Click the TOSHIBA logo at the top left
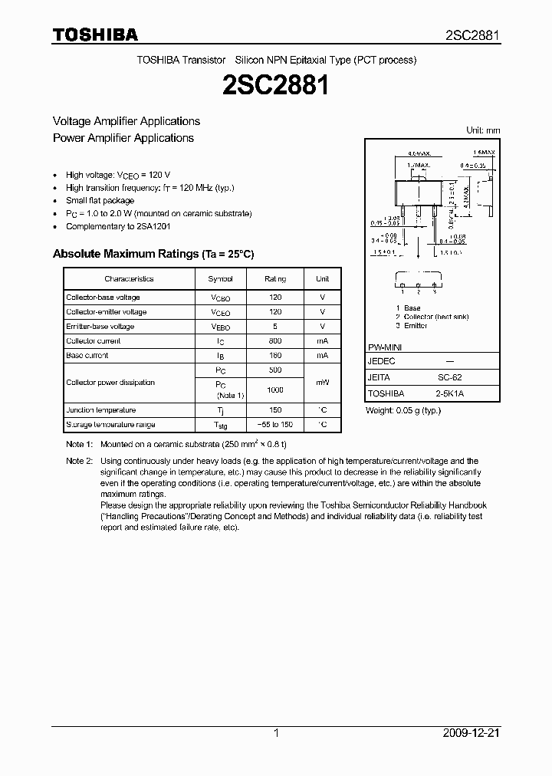(x=95, y=35)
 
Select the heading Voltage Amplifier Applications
(x=126, y=121)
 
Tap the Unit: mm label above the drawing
(x=483, y=130)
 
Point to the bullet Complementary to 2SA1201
(x=118, y=226)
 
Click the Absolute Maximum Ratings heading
(x=153, y=254)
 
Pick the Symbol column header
(x=221, y=279)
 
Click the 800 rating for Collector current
(x=275, y=340)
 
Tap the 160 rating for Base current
(x=275, y=355)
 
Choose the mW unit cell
(x=323, y=382)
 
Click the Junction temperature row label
(x=100, y=410)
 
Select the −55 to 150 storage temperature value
(x=275, y=425)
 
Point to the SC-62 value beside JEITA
(x=449, y=377)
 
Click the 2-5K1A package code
(x=449, y=393)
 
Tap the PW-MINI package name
(x=385, y=347)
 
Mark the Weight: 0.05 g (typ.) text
(x=403, y=410)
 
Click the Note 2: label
(x=79, y=461)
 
